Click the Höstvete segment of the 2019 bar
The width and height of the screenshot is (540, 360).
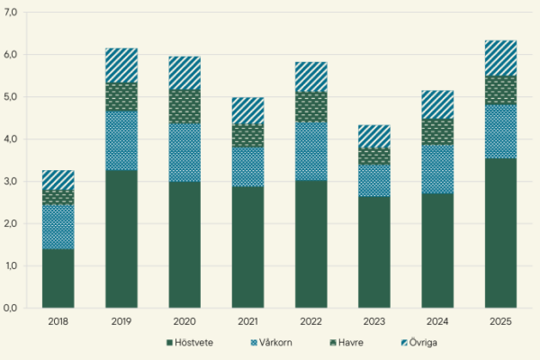[x=121, y=238]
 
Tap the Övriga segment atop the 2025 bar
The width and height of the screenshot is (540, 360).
[x=500, y=58]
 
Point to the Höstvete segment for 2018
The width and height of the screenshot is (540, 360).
[x=58, y=278]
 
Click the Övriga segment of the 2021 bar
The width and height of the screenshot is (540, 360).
[x=248, y=110]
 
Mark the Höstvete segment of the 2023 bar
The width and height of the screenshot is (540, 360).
[x=374, y=252]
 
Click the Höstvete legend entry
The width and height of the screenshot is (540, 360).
[x=193, y=343]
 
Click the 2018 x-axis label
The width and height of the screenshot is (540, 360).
[x=58, y=320]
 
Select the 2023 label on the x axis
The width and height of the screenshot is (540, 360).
[x=374, y=320]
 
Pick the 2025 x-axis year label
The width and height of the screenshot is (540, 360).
[x=500, y=320]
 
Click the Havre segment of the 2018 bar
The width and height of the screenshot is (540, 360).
[x=58, y=197]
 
